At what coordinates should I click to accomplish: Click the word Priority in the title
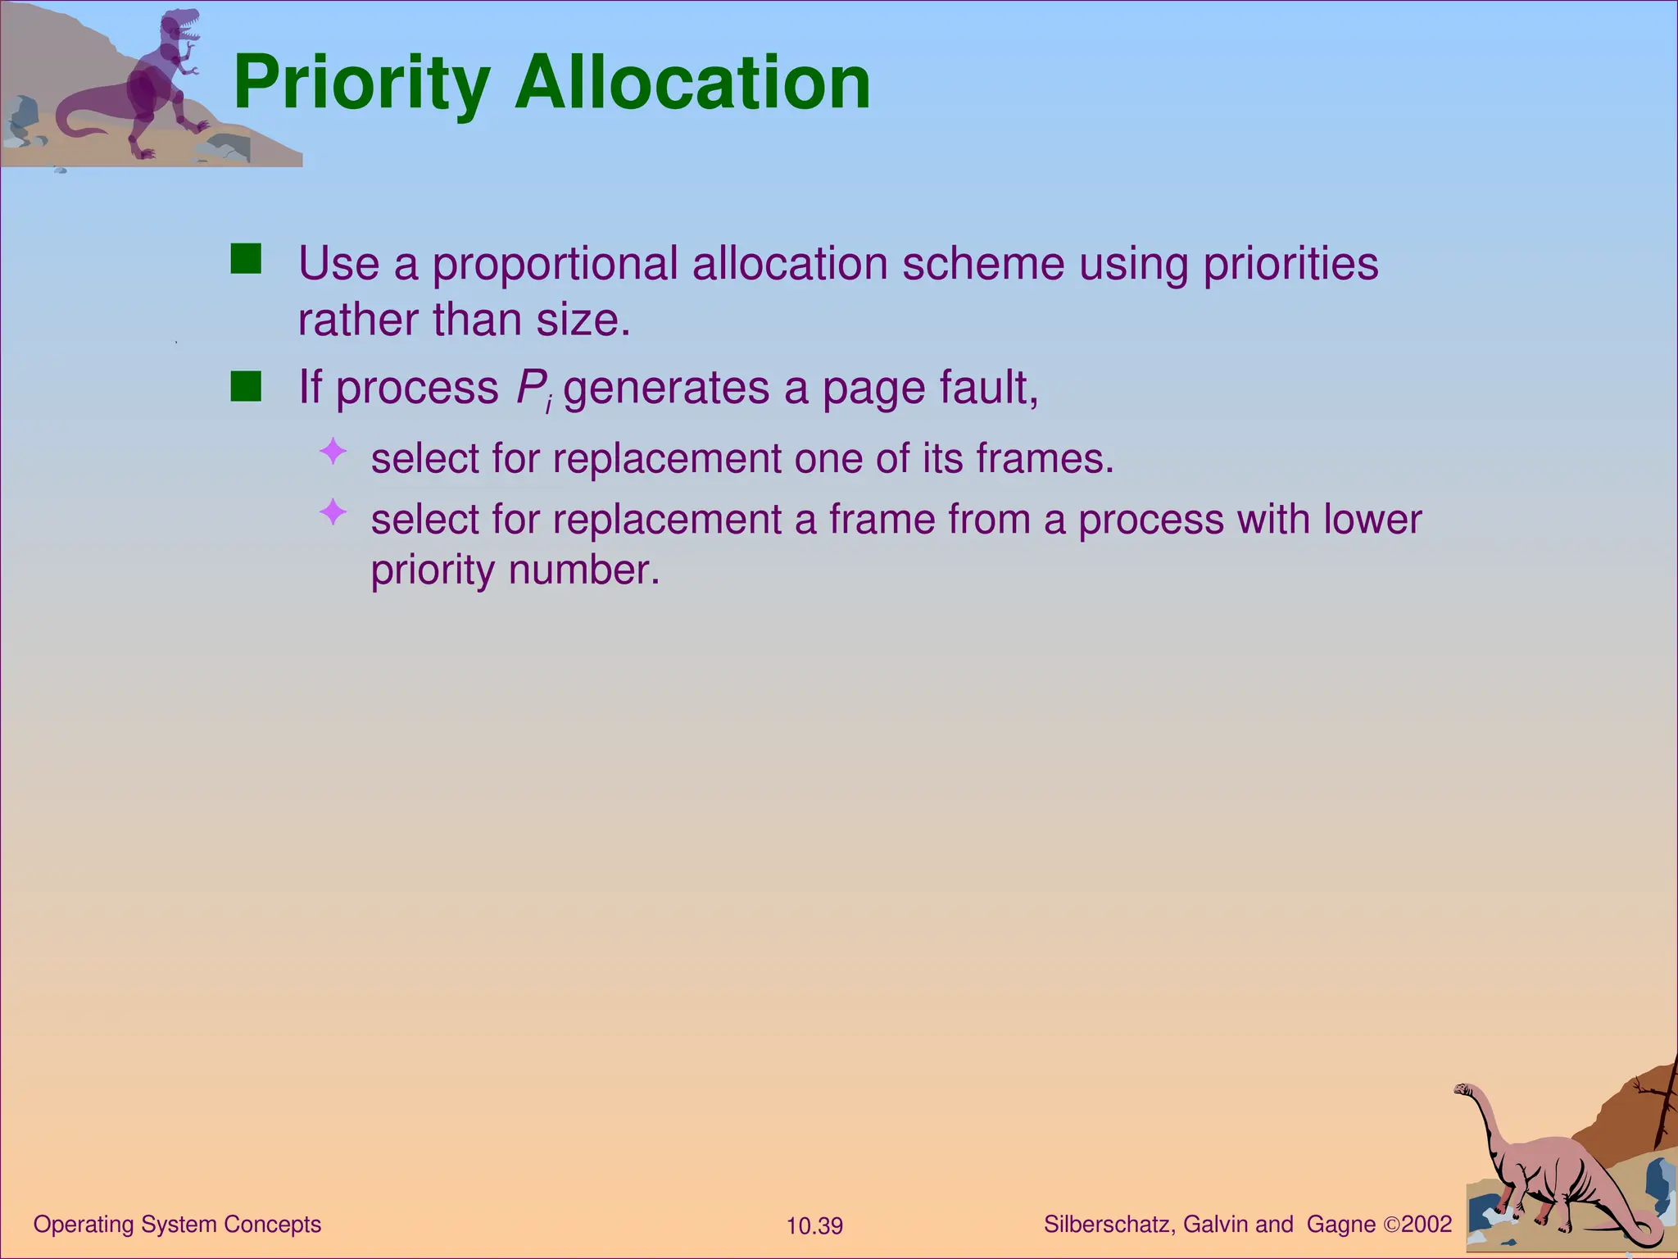(x=361, y=84)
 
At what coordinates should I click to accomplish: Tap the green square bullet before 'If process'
(x=246, y=386)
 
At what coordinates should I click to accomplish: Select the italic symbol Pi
(x=533, y=389)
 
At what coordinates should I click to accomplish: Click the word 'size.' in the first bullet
(x=583, y=320)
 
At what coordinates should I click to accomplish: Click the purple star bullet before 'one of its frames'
(x=333, y=452)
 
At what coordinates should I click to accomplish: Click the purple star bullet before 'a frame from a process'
(x=333, y=513)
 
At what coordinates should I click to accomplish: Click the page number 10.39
(x=814, y=1226)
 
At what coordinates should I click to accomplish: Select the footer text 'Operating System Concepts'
(x=177, y=1225)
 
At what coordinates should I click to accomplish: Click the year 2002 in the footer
(x=1426, y=1225)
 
